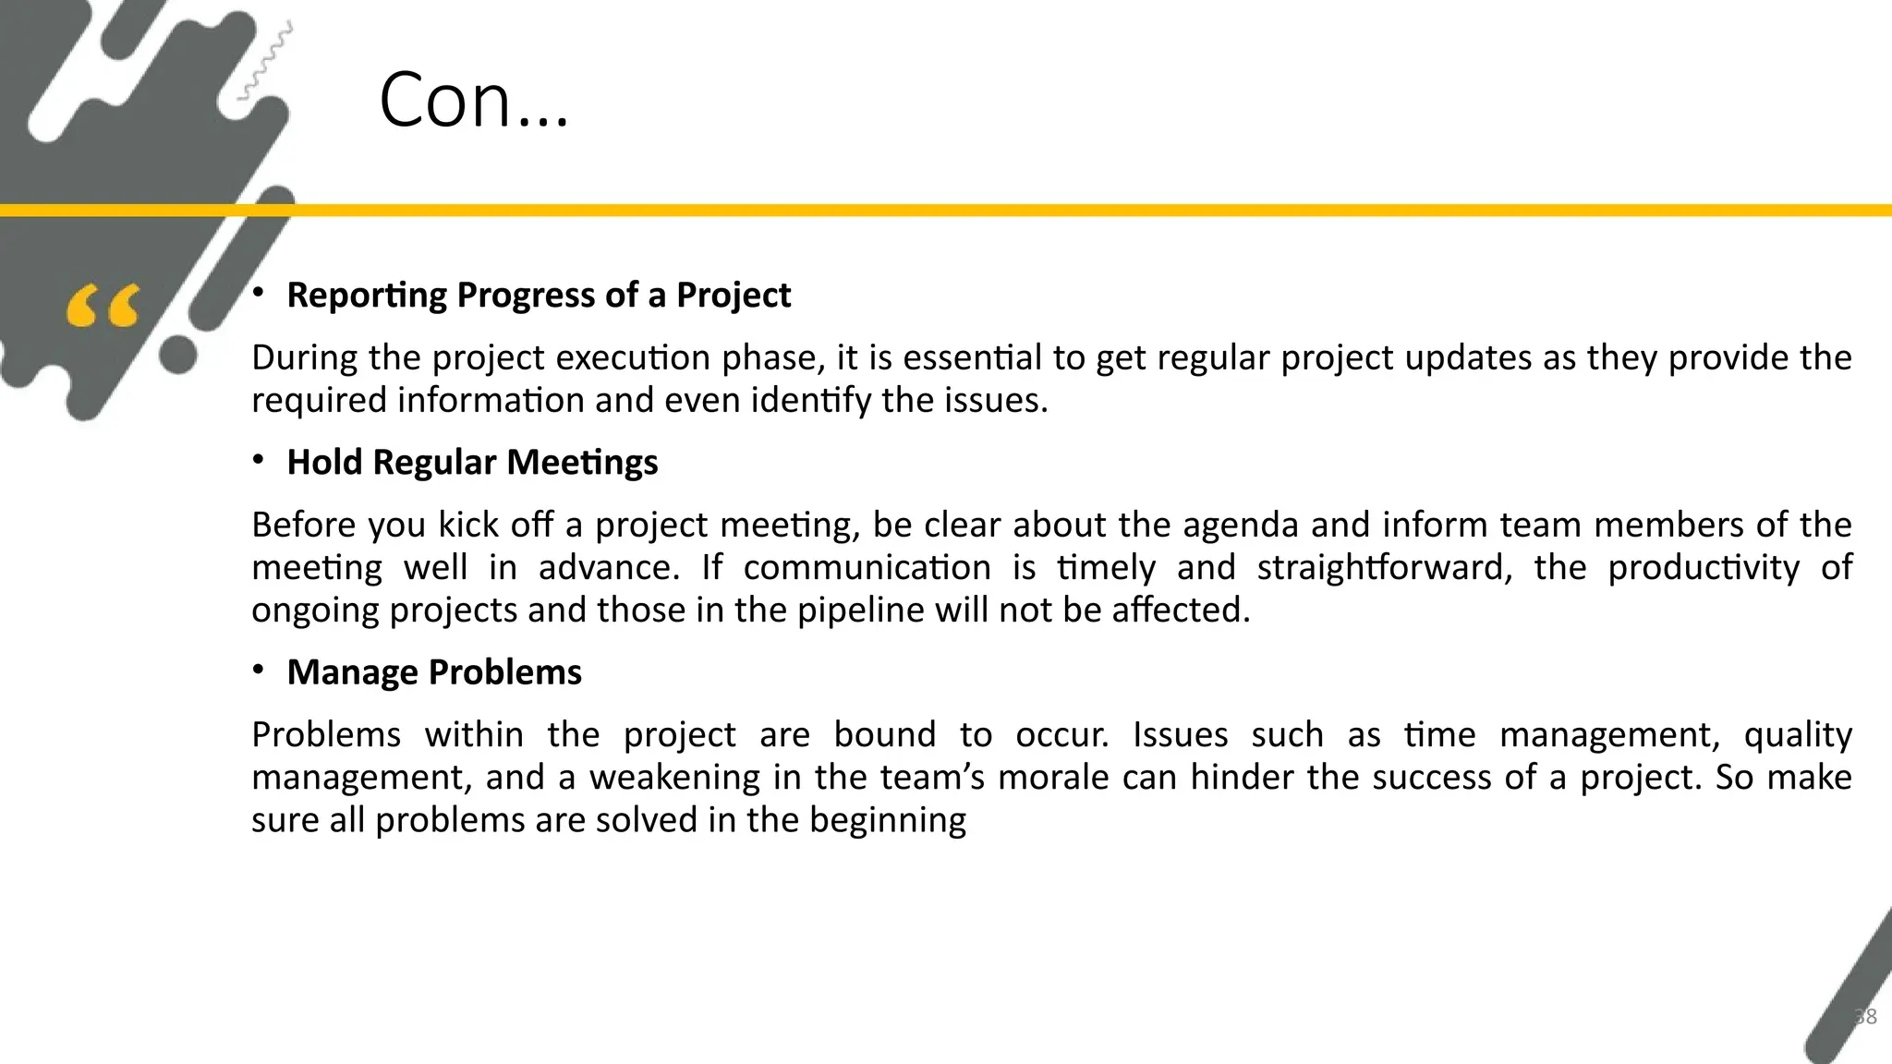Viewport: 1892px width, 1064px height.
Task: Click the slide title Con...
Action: click(x=473, y=100)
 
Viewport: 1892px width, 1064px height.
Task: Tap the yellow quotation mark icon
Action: click(x=103, y=306)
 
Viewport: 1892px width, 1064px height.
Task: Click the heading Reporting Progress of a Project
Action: click(x=539, y=295)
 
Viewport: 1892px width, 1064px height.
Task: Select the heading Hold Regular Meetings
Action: click(x=472, y=462)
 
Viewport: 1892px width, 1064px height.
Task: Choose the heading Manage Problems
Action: click(x=434, y=671)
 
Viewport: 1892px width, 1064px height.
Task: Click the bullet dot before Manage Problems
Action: click(x=260, y=670)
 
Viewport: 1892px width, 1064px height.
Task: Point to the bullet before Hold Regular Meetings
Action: click(x=260, y=460)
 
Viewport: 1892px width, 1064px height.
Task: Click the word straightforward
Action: click(x=1384, y=567)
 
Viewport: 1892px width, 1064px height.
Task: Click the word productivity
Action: click(x=1703, y=567)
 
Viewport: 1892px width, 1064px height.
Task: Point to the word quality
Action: click(x=1797, y=735)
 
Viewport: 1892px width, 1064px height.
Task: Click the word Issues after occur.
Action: click(x=1180, y=734)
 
